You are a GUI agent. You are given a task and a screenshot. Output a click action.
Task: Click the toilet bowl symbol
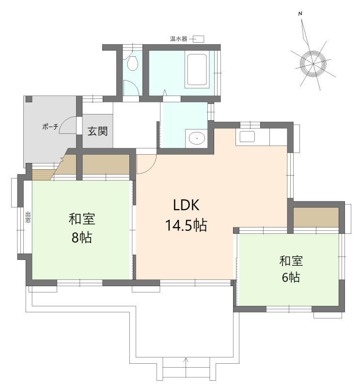pos(133,63)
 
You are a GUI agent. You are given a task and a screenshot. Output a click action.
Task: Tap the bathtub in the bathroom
pos(197,69)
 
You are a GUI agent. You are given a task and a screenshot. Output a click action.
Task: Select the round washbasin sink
pos(197,138)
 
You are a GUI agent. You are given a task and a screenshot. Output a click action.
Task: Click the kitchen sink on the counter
pos(247,136)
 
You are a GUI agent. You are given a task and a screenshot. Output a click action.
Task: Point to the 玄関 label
pos(98,131)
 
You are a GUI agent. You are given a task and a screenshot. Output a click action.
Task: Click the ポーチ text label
pos(50,127)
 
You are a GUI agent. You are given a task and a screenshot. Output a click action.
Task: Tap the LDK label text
pos(186,205)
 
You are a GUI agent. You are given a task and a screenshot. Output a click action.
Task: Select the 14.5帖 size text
pos(186,226)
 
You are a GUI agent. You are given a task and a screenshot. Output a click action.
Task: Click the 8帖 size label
pos(82,237)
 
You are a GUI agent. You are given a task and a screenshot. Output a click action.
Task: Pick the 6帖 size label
pos(291,277)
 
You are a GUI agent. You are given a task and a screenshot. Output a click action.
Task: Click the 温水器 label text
pos(178,39)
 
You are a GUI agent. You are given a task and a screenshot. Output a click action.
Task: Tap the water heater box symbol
pos(198,39)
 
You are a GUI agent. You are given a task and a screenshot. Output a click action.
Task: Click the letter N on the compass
pos(300,14)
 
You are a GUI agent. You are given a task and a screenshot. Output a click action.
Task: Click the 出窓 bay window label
pos(28,217)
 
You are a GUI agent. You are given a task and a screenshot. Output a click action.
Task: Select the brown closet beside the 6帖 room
pos(316,217)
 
